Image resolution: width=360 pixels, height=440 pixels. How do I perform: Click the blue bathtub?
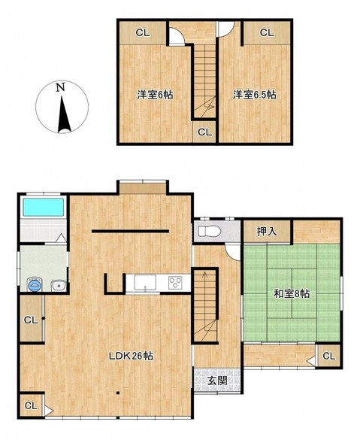pos(43,207)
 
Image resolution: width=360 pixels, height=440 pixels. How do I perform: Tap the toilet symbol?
pos(210,232)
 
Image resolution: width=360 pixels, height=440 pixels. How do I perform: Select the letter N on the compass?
pos(60,87)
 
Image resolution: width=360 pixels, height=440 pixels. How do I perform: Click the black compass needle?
pos(63,114)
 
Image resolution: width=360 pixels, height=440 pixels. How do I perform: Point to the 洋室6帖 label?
pos(155,95)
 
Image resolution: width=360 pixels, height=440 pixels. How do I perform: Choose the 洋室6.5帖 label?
pos(255,95)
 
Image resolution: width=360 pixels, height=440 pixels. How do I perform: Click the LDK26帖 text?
pos(131,356)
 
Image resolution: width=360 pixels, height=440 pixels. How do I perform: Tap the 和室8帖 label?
pos(292,294)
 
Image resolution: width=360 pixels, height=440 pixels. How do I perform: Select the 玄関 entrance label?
pos(217,381)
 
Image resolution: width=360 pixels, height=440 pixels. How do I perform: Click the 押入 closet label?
pos(267,232)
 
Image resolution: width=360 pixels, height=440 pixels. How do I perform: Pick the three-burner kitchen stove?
pos(175,283)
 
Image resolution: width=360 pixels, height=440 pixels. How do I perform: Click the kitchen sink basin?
pos(145,282)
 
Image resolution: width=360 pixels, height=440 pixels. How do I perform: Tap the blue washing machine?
pos(35,285)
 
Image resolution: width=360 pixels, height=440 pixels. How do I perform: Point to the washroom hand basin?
pos(59,286)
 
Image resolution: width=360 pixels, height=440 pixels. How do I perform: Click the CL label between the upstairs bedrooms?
pos(205,132)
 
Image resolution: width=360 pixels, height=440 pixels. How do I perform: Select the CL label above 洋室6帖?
pos(143,33)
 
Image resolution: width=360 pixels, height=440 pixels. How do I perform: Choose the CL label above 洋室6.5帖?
pos(267,33)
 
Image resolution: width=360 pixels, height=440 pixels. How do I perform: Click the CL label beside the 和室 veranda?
pos(328,356)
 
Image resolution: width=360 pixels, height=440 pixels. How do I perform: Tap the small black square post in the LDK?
pos(118,393)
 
